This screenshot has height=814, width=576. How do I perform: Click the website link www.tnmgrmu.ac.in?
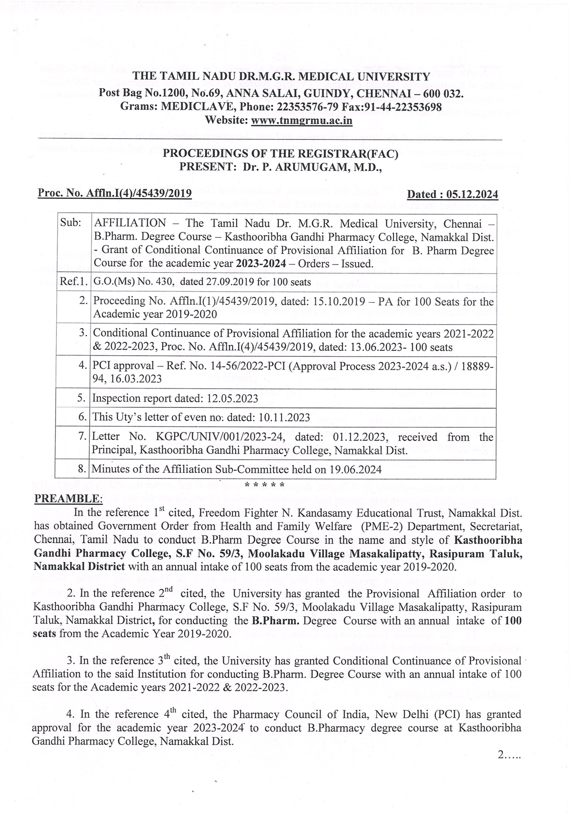coord(301,121)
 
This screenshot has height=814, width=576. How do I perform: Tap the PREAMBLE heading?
coord(68,498)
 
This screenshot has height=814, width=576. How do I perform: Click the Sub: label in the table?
coord(71,223)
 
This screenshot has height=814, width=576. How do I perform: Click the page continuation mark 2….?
coord(509,755)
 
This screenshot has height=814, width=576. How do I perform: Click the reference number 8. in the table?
coord(83,469)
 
